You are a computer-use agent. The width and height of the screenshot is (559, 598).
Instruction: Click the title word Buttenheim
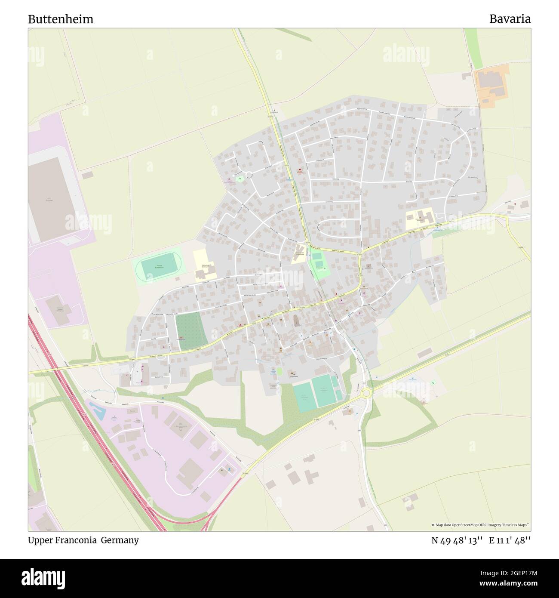[61, 19]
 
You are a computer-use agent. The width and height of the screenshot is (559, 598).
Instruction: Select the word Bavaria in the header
[510, 19]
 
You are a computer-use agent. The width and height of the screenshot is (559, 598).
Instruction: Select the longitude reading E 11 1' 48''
[510, 540]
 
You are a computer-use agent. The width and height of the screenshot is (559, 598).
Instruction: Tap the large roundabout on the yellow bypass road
[366, 392]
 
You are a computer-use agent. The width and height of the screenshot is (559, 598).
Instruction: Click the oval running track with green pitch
[159, 267]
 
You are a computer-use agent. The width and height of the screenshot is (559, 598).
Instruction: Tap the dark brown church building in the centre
[296, 320]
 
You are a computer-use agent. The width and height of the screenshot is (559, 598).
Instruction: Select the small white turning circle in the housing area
[249, 175]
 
